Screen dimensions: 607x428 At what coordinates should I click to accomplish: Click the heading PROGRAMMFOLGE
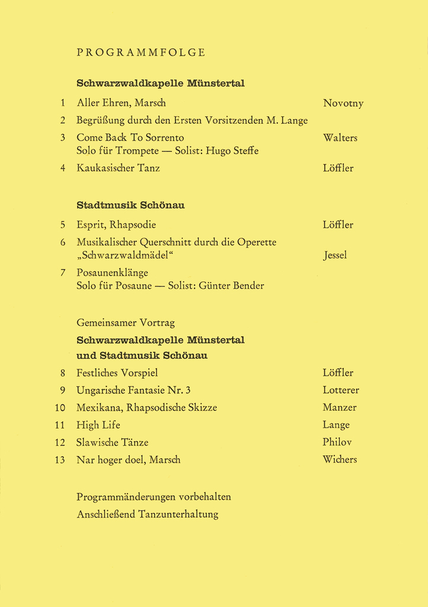click(x=141, y=52)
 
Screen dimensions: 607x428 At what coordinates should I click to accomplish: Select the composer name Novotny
click(x=343, y=103)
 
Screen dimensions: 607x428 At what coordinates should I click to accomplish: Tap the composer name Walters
click(x=340, y=138)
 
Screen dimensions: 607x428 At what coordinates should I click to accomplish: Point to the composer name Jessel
click(x=335, y=255)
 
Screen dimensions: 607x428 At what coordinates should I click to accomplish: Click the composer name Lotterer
click(x=341, y=390)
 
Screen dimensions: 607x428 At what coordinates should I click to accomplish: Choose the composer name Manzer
click(x=340, y=407)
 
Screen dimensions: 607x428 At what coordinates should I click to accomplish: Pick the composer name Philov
click(x=337, y=442)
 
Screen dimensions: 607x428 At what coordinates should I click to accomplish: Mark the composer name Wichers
click(x=340, y=459)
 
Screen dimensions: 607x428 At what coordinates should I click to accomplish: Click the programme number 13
click(x=59, y=459)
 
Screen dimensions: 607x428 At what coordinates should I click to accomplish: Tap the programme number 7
click(x=62, y=273)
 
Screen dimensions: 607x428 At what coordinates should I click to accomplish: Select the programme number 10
click(x=59, y=407)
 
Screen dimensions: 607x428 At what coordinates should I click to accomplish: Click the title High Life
click(x=98, y=424)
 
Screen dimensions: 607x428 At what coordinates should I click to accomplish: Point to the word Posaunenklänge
click(x=112, y=273)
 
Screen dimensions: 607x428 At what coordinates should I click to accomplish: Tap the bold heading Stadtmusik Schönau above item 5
click(x=130, y=205)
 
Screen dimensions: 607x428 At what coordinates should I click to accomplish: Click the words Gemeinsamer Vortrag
click(x=126, y=322)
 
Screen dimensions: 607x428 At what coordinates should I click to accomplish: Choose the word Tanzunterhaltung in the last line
click(x=178, y=514)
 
